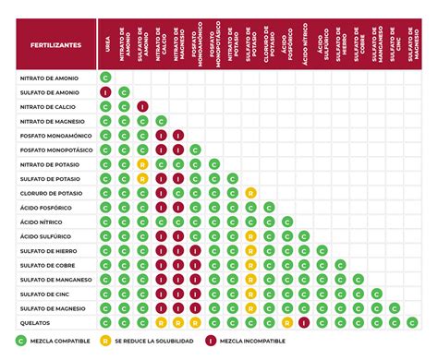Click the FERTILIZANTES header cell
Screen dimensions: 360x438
(56, 43)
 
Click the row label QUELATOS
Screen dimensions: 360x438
(36, 323)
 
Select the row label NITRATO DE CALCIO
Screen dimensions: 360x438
(46, 107)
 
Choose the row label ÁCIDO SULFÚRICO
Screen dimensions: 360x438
(46, 236)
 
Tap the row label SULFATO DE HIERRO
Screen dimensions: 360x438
(47, 251)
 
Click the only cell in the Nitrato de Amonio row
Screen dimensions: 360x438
(105, 78)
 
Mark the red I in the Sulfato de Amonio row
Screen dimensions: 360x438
(105, 92)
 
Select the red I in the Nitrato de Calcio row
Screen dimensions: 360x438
(141, 107)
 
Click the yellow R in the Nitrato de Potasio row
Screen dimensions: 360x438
(141, 164)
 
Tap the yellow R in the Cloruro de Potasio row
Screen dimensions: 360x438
(250, 193)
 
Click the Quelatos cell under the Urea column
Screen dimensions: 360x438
(105, 322)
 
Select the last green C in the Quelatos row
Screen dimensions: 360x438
(413, 322)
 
